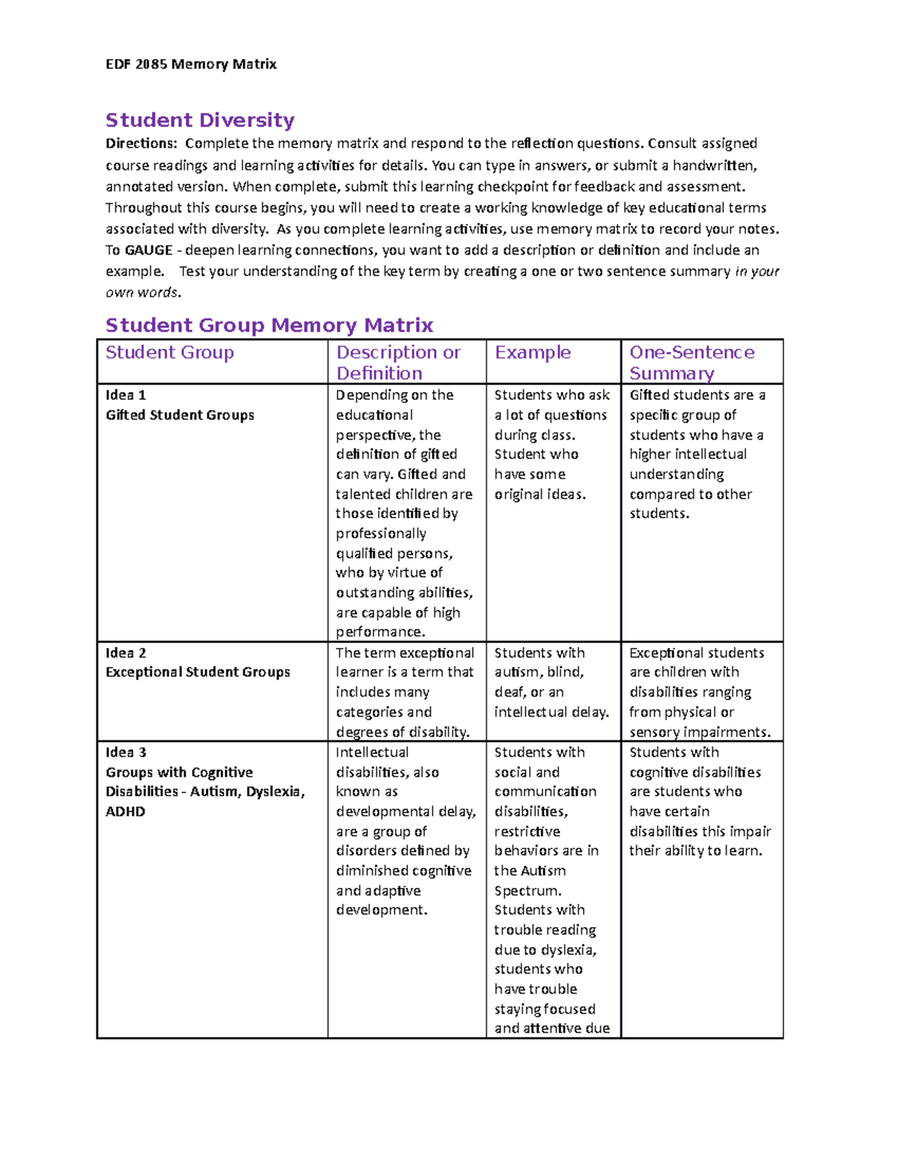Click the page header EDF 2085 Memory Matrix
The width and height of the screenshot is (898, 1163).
(191, 64)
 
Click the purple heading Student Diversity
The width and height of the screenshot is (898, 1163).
(200, 120)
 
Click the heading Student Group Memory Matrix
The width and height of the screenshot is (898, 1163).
(269, 325)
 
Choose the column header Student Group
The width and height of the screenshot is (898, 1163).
(169, 353)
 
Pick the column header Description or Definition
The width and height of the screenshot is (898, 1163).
(397, 362)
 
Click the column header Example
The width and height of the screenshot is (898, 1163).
(532, 353)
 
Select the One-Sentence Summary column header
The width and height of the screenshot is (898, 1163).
(691, 362)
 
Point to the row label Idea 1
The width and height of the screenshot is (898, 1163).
(126, 395)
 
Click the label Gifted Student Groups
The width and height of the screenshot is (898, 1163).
(180, 415)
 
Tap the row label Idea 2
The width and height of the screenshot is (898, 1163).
(126, 653)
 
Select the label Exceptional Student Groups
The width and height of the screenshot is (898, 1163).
(198, 672)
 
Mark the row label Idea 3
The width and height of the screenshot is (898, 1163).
(126, 753)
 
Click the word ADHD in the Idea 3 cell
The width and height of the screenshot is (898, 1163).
(125, 812)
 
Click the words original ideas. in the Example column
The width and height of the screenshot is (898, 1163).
(540, 494)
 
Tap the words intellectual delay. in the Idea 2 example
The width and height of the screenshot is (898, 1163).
(552, 712)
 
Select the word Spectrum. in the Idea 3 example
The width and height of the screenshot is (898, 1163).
(528, 891)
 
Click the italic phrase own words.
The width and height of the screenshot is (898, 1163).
(143, 293)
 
